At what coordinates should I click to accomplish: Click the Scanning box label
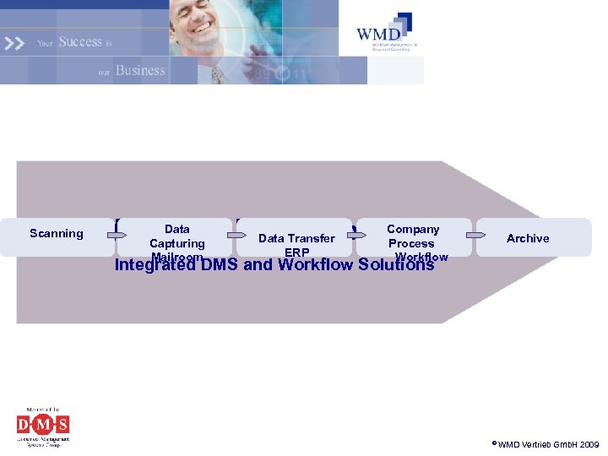[x=57, y=234]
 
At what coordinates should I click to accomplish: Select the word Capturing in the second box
[x=177, y=243]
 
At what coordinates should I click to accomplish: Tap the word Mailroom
[x=177, y=257]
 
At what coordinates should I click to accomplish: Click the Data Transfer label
[x=296, y=238]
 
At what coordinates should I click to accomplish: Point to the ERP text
[x=297, y=252]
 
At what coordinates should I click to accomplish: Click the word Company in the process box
[x=413, y=230]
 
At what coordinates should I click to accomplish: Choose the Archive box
[x=528, y=238]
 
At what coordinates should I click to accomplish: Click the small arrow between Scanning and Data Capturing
[x=117, y=235]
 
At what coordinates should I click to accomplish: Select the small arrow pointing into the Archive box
[x=476, y=235]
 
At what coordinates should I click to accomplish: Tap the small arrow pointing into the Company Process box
[x=356, y=235]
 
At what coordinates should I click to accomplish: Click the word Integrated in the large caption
[x=156, y=265]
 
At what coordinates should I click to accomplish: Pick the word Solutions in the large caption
[x=396, y=265]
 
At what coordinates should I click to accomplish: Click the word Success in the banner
[x=80, y=42]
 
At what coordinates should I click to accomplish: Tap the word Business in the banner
[x=140, y=70]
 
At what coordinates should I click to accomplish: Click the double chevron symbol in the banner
[x=14, y=42]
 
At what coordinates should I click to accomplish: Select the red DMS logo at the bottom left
[x=43, y=424]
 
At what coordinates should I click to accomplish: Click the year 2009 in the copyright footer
[x=588, y=444]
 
